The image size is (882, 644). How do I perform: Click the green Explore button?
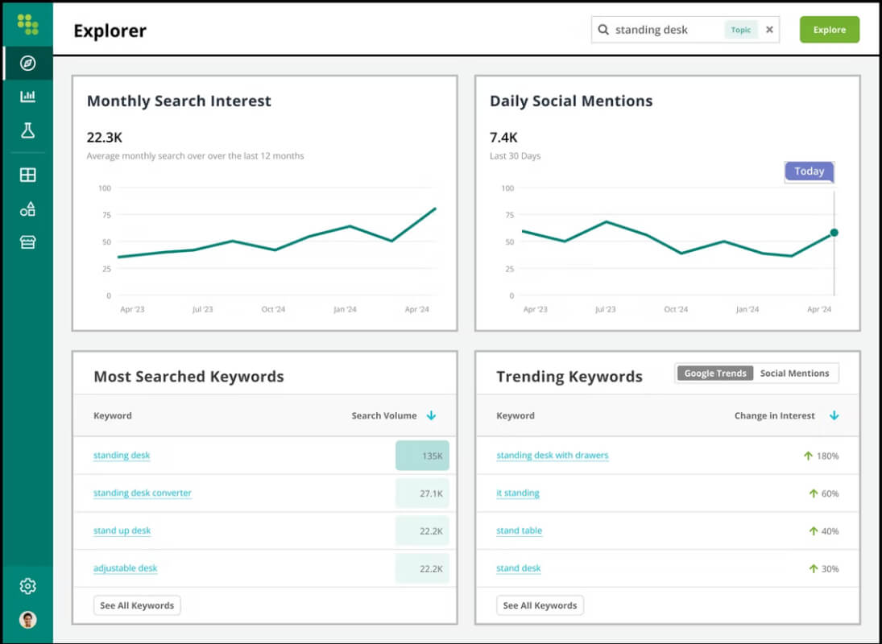(829, 30)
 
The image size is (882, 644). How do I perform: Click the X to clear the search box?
(769, 30)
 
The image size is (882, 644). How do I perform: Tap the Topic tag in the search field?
(741, 30)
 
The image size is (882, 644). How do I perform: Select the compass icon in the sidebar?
(27, 63)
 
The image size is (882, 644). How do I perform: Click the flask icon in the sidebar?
(27, 130)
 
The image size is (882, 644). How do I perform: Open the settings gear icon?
(27, 586)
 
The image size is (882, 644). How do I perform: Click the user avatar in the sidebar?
(27, 619)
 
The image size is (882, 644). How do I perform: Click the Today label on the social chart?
(809, 171)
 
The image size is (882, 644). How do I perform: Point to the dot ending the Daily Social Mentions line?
(834, 233)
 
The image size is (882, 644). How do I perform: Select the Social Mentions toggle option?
(794, 374)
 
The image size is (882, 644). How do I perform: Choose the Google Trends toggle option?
(715, 374)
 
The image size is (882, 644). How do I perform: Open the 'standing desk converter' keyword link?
(143, 493)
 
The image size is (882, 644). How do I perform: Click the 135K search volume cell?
(422, 456)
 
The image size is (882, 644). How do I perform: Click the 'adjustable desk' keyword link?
(126, 568)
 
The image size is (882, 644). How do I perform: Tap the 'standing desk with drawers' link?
(553, 455)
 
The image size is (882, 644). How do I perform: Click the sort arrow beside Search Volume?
(432, 415)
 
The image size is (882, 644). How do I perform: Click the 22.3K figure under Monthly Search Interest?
(105, 138)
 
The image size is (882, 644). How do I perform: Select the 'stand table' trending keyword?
(520, 530)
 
